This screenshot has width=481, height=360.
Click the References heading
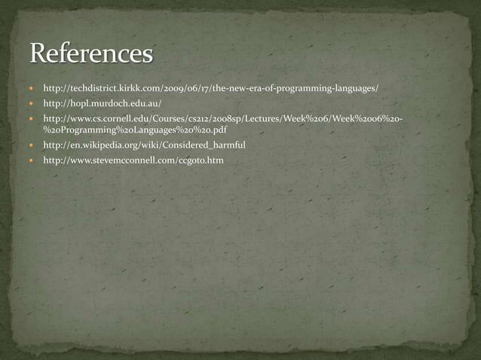click(91, 54)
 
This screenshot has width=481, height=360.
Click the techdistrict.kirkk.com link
click(210, 88)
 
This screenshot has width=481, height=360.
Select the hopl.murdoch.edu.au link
click(103, 103)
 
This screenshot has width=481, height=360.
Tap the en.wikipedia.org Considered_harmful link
click(145, 145)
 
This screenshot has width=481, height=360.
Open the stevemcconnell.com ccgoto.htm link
click(133, 160)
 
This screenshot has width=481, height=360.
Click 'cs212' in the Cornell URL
click(187, 119)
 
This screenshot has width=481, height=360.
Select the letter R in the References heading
click(39, 54)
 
